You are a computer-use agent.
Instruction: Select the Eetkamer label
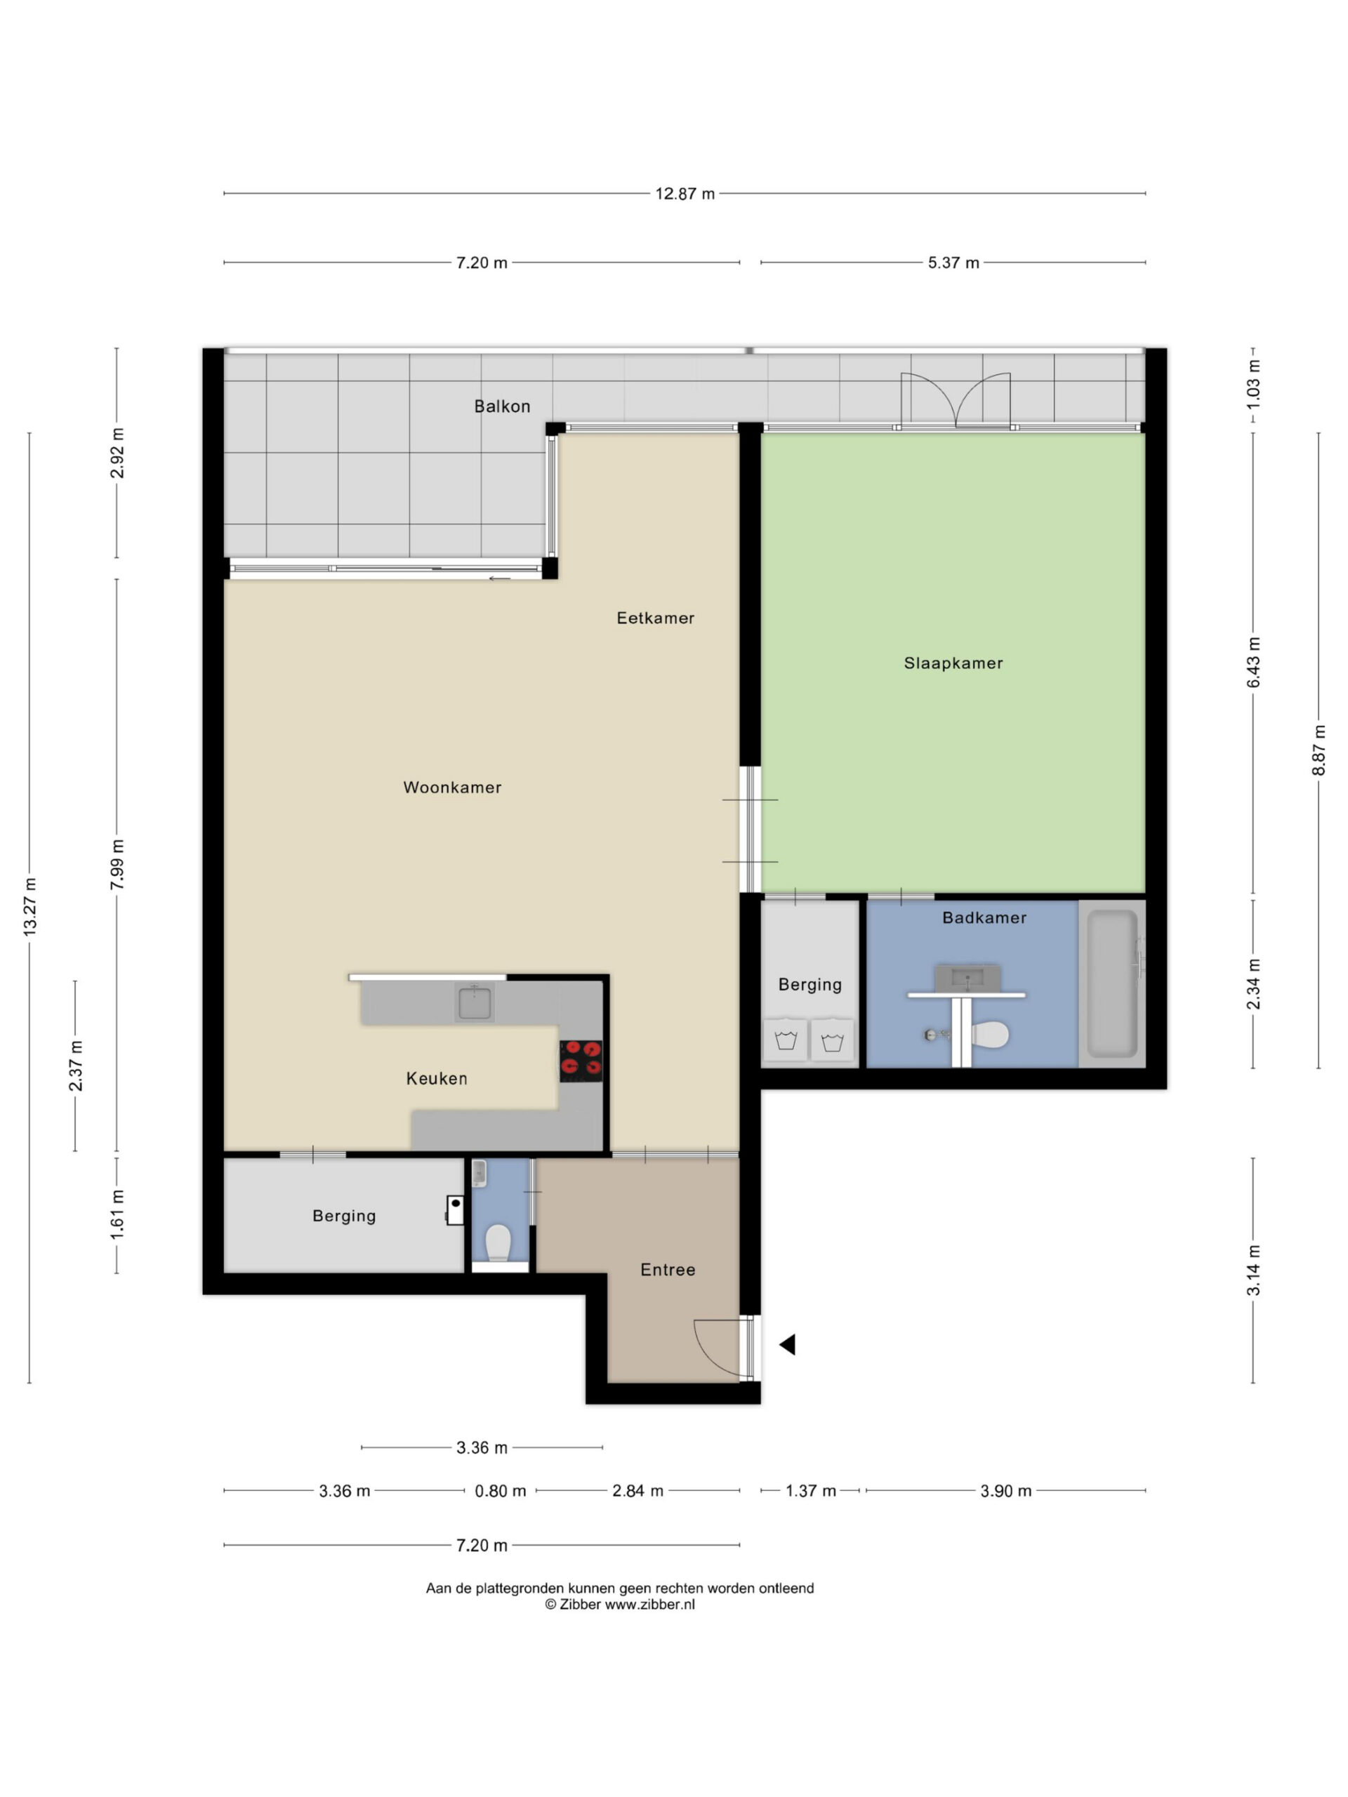click(x=655, y=618)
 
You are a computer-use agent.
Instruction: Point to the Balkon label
click(x=502, y=406)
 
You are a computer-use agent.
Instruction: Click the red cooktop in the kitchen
click(x=581, y=1060)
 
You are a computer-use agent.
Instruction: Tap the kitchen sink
click(x=474, y=1002)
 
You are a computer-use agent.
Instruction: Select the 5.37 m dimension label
click(x=953, y=263)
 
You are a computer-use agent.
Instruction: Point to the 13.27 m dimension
click(x=30, y=907)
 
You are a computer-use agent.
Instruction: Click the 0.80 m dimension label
click(x=501, y=1492)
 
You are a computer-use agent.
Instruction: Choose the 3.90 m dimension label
click(x=1005, y=1492)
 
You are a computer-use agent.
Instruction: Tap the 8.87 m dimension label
click(x=1319, y=750)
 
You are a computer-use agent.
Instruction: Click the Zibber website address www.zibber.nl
click(x=649, y=1605)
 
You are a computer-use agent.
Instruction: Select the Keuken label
click(x=436, y=1079)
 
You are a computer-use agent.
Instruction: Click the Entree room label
click(x=667, y=1270)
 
